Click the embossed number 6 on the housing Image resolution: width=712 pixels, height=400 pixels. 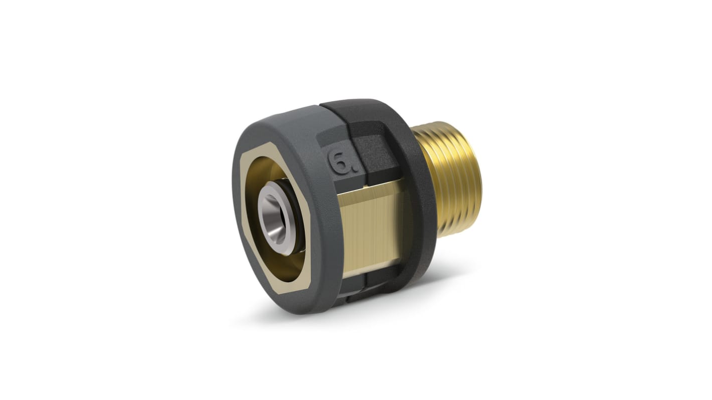tap(336, 161)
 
